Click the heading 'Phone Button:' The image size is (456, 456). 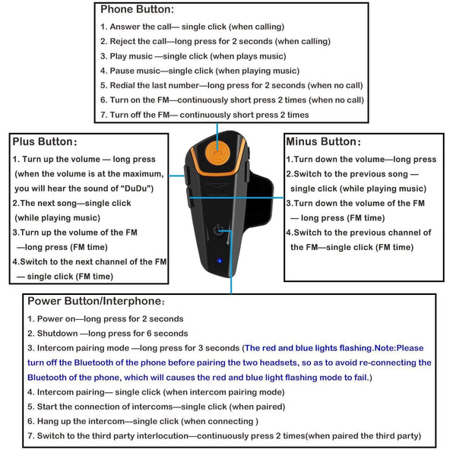click(137, 10)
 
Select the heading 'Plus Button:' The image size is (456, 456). click(44, 142)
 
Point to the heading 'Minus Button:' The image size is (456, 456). click(323, 141)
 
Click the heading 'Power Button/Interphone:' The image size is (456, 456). click(95, 301)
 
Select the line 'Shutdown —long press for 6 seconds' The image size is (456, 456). click(106, 334)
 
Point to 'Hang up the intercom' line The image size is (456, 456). click(142, 421)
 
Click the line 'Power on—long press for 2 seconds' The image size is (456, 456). click(105, 319)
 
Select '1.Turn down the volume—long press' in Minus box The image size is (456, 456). click(361, 160)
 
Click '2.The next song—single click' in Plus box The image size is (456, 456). click(71, 204)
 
